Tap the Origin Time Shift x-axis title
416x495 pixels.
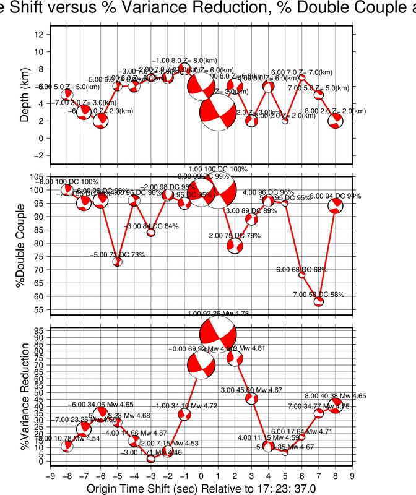[201, 489]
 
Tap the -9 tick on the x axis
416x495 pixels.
[50, 476]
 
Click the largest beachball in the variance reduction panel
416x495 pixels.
[218, 334]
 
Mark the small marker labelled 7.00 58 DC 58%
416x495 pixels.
[319, 302]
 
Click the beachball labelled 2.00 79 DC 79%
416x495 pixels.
[235, 245]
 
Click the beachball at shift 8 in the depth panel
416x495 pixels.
[336, 120]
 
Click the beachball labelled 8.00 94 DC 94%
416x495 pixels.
[336, 206]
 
